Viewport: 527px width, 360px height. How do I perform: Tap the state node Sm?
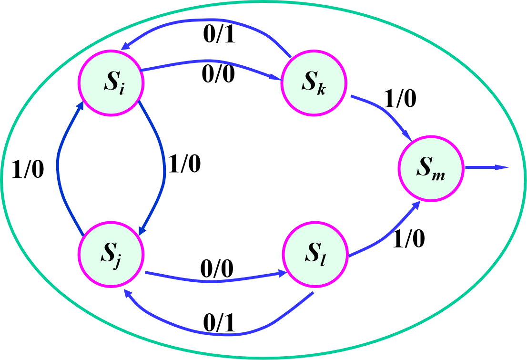click(430, 169)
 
